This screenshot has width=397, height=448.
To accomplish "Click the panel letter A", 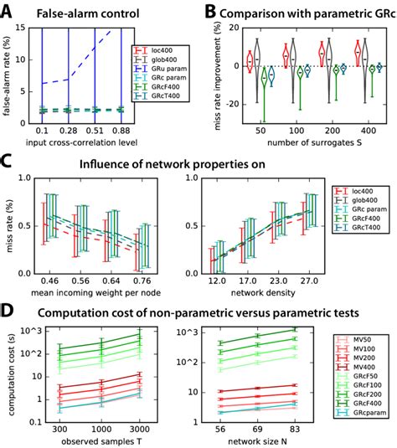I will click(x=8, y=9).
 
